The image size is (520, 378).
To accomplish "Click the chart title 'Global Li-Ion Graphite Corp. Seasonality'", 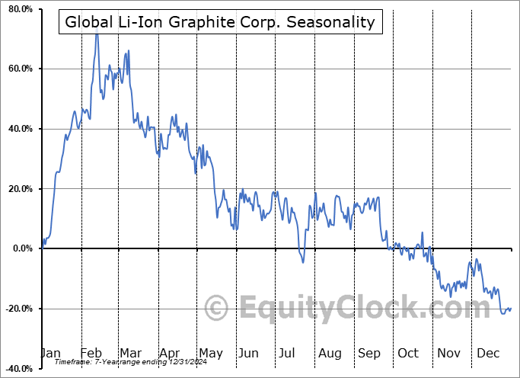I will point(220,21).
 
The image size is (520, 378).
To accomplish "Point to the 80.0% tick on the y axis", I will point(19,10).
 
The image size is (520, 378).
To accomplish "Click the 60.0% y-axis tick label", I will point(19,69).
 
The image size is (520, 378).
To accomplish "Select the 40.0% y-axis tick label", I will point(19,129).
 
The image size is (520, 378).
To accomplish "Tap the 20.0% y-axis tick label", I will point(19,189).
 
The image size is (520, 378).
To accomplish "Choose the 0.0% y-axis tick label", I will point(21,248).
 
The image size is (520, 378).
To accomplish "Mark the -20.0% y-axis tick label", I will point(18,309).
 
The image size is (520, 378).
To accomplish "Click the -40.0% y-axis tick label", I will point(18,369).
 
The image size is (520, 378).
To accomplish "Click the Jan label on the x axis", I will point(50,353).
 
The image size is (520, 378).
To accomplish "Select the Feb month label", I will point(91,353).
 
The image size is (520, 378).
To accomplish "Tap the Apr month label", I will point(170,353).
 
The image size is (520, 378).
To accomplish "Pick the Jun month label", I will point(249,353).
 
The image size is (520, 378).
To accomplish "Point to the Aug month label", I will point(330,353).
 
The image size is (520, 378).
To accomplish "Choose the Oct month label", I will point(409,353).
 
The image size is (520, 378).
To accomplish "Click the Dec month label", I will point(489,353).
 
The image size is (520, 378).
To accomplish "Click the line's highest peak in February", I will point(97,33).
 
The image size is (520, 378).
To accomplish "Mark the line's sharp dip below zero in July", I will point(302,262).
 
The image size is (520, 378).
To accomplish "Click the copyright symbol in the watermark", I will point(217,308).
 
